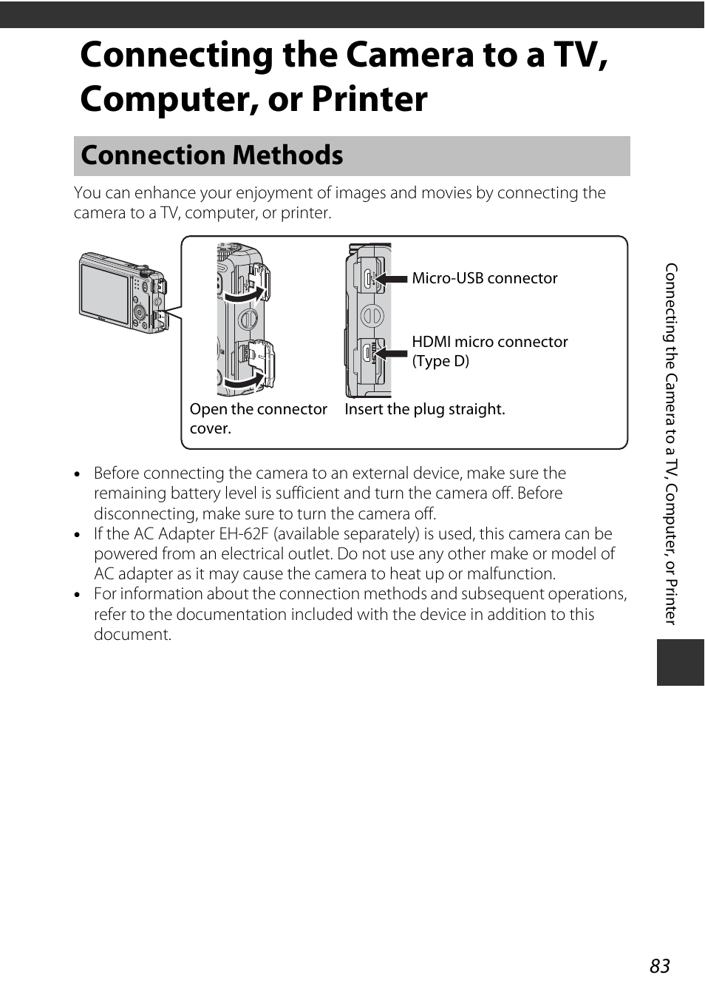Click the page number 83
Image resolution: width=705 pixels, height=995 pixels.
point(660,966)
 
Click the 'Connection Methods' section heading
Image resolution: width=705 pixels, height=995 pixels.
point(212,155)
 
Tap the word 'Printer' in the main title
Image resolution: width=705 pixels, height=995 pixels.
point(369,99)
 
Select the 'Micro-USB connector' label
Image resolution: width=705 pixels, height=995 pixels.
point(485,278)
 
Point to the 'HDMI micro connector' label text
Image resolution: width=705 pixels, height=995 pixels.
point(490,342)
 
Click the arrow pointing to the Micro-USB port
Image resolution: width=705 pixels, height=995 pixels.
point(392,279)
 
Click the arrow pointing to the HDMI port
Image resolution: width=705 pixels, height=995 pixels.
point(392,354)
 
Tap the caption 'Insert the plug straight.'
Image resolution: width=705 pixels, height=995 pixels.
point(425,409)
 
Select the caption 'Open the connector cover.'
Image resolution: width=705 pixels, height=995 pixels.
point(258,418)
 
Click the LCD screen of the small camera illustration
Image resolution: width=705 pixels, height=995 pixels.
point(104,293)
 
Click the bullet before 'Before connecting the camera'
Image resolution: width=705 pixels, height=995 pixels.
point(78,474)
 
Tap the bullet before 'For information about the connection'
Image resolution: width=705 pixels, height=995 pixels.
point(78,595)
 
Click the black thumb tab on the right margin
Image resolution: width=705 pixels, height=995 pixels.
point(680,663)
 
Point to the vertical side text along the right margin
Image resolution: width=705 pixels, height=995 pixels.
point(670,444)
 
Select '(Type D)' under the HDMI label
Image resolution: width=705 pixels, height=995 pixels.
point(440,361)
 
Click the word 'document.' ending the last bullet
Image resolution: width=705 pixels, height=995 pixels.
point(132,635)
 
